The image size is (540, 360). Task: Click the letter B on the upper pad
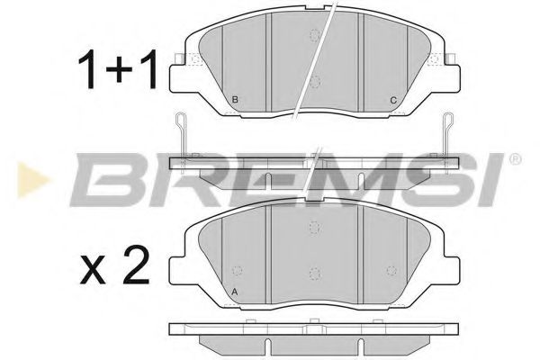235,99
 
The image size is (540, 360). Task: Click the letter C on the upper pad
393,99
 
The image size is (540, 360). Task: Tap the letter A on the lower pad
236,292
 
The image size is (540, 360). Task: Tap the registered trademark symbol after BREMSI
515,160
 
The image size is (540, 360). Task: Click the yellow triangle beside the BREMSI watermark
24,176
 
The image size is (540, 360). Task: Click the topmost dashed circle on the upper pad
315,35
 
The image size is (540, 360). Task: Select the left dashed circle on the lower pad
238,268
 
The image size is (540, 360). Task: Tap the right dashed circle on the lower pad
391,268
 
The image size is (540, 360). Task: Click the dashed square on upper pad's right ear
438,59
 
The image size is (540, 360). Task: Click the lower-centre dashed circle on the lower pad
314,273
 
